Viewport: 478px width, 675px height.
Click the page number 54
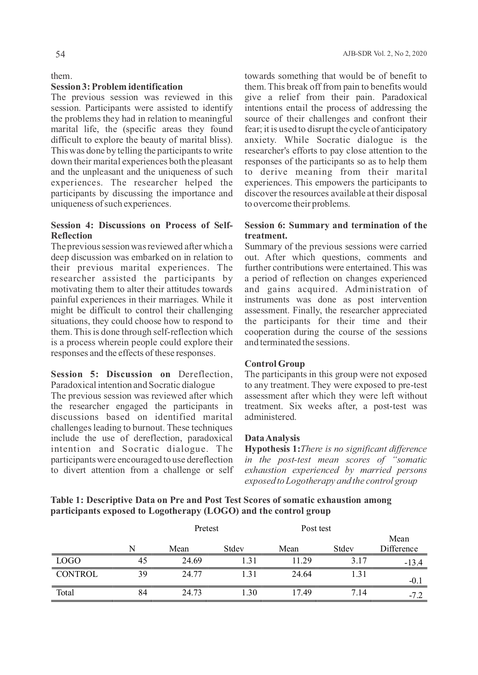(60, 54)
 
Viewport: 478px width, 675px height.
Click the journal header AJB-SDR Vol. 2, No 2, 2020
(384, 54)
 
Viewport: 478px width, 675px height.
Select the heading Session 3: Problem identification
(117, 87)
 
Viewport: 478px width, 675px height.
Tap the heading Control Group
(274, 364)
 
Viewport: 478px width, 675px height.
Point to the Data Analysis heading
(272, 438)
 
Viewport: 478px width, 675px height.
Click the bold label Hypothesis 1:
(272, 449)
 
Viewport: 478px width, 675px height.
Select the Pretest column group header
(206, 528)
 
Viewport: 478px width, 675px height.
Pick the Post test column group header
(316, 528)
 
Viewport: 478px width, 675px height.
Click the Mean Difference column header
(399, 544)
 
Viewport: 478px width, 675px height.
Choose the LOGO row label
(68, 561)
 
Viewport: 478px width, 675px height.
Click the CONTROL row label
(77, 574)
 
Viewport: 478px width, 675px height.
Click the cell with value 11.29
(302, 561)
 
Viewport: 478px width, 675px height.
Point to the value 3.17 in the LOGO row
(359, 561)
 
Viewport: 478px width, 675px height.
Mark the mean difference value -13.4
(413, 563)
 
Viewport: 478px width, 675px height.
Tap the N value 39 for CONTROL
(143, 574)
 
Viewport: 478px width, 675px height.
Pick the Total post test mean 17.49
(302, 593)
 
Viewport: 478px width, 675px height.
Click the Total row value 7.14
(359, 593)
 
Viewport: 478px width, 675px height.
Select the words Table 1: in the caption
(67, 500)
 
